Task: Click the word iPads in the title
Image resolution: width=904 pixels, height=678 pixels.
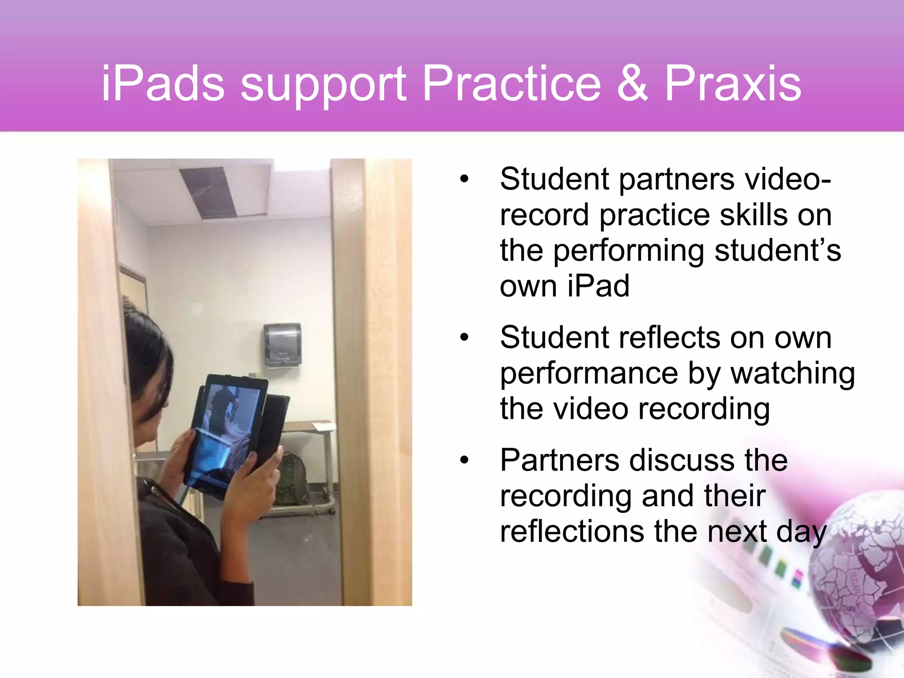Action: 162,84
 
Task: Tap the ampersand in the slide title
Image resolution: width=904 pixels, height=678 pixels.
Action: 632,84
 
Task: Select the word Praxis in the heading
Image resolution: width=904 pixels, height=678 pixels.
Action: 733,84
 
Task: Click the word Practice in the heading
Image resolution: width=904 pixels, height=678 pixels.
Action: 512,84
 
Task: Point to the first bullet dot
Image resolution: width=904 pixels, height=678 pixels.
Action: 463,180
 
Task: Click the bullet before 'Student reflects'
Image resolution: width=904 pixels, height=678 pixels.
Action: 463,338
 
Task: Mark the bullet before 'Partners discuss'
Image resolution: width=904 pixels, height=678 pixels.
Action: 463,461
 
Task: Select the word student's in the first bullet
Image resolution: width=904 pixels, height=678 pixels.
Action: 778,251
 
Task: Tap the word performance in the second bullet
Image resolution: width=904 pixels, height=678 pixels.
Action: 589,373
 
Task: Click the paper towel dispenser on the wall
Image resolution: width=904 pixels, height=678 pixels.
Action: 282,344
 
